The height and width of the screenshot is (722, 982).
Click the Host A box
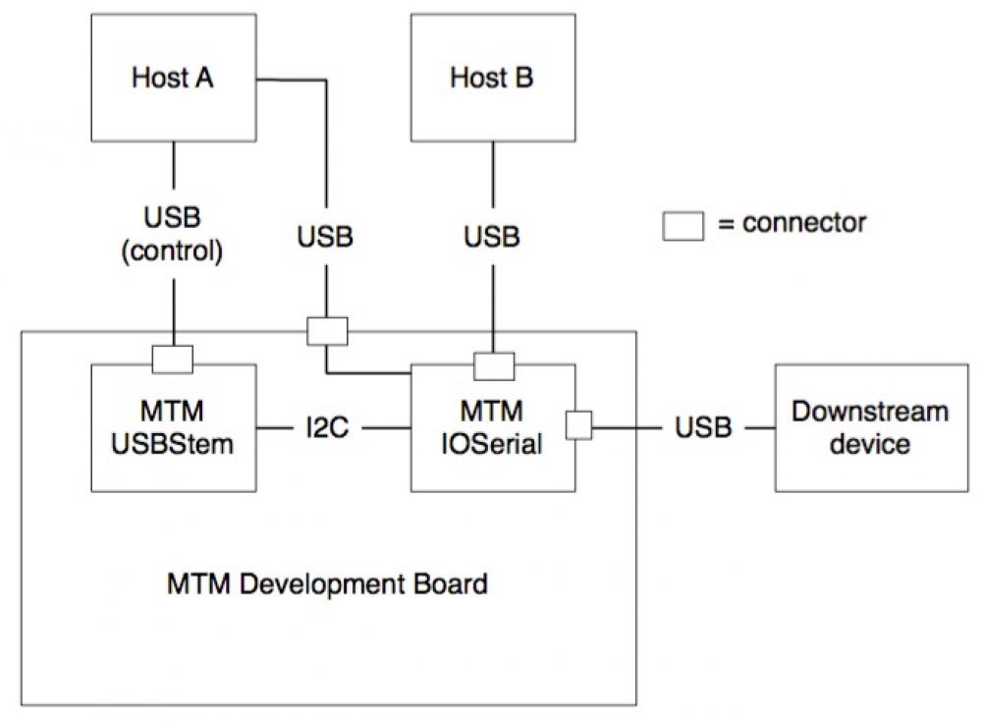(173, 79)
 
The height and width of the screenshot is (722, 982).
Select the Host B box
(492, 79)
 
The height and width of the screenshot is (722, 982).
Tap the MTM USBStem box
(173, 427)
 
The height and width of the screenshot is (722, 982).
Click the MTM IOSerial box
(492, 428)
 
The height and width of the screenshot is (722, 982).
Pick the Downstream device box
(871, 427)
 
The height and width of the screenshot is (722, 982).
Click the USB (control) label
(173, 237)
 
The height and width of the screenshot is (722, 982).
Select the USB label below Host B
(492, 237)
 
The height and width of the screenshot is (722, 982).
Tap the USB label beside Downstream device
(703, 427)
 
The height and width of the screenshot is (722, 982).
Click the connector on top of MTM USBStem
(173, 361)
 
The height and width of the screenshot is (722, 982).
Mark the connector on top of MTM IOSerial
(494, 365)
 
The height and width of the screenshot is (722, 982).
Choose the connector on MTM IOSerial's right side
(578, 425)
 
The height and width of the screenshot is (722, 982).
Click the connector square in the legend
(683, 225)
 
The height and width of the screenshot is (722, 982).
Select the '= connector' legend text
(791, 223)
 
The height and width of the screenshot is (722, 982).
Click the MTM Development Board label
(327, 585)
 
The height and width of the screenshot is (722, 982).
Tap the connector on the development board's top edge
(327, 331)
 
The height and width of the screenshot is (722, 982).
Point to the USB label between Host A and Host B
(325, 237)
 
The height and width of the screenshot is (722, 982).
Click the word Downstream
(871, 412)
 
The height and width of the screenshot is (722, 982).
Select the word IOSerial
(492, 444)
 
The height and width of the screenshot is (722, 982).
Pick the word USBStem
(173, 444)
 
